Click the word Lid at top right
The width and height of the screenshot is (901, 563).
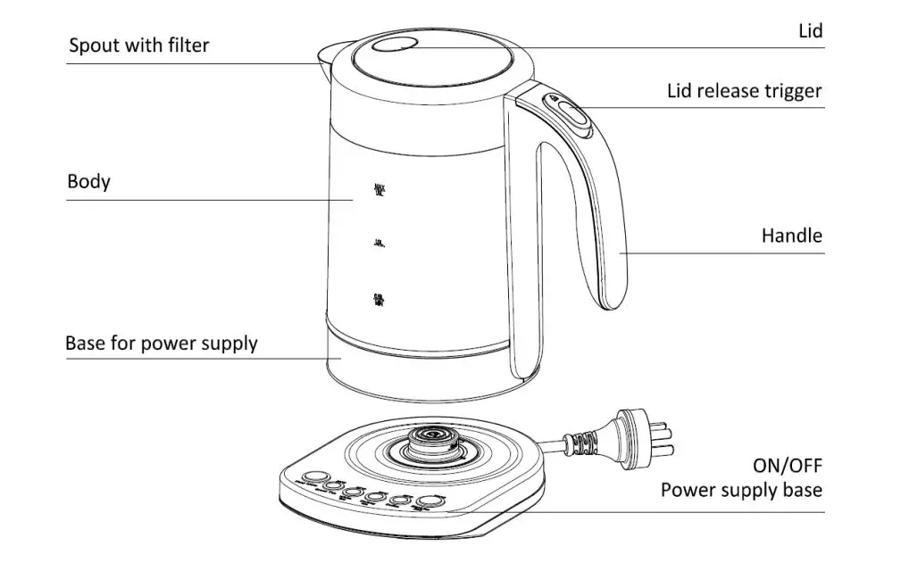[809, 31]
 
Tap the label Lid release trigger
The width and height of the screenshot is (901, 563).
[744, 91]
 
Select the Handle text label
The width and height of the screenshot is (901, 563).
[791, 236]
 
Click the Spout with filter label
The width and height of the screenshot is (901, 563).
[138, 46]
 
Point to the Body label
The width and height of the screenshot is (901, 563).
[88, 182]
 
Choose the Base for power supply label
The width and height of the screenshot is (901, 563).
[161, 344]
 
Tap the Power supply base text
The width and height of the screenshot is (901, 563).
[741, 490]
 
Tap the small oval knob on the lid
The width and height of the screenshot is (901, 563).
[394, 47]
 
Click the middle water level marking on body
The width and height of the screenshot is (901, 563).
[379, 243]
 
